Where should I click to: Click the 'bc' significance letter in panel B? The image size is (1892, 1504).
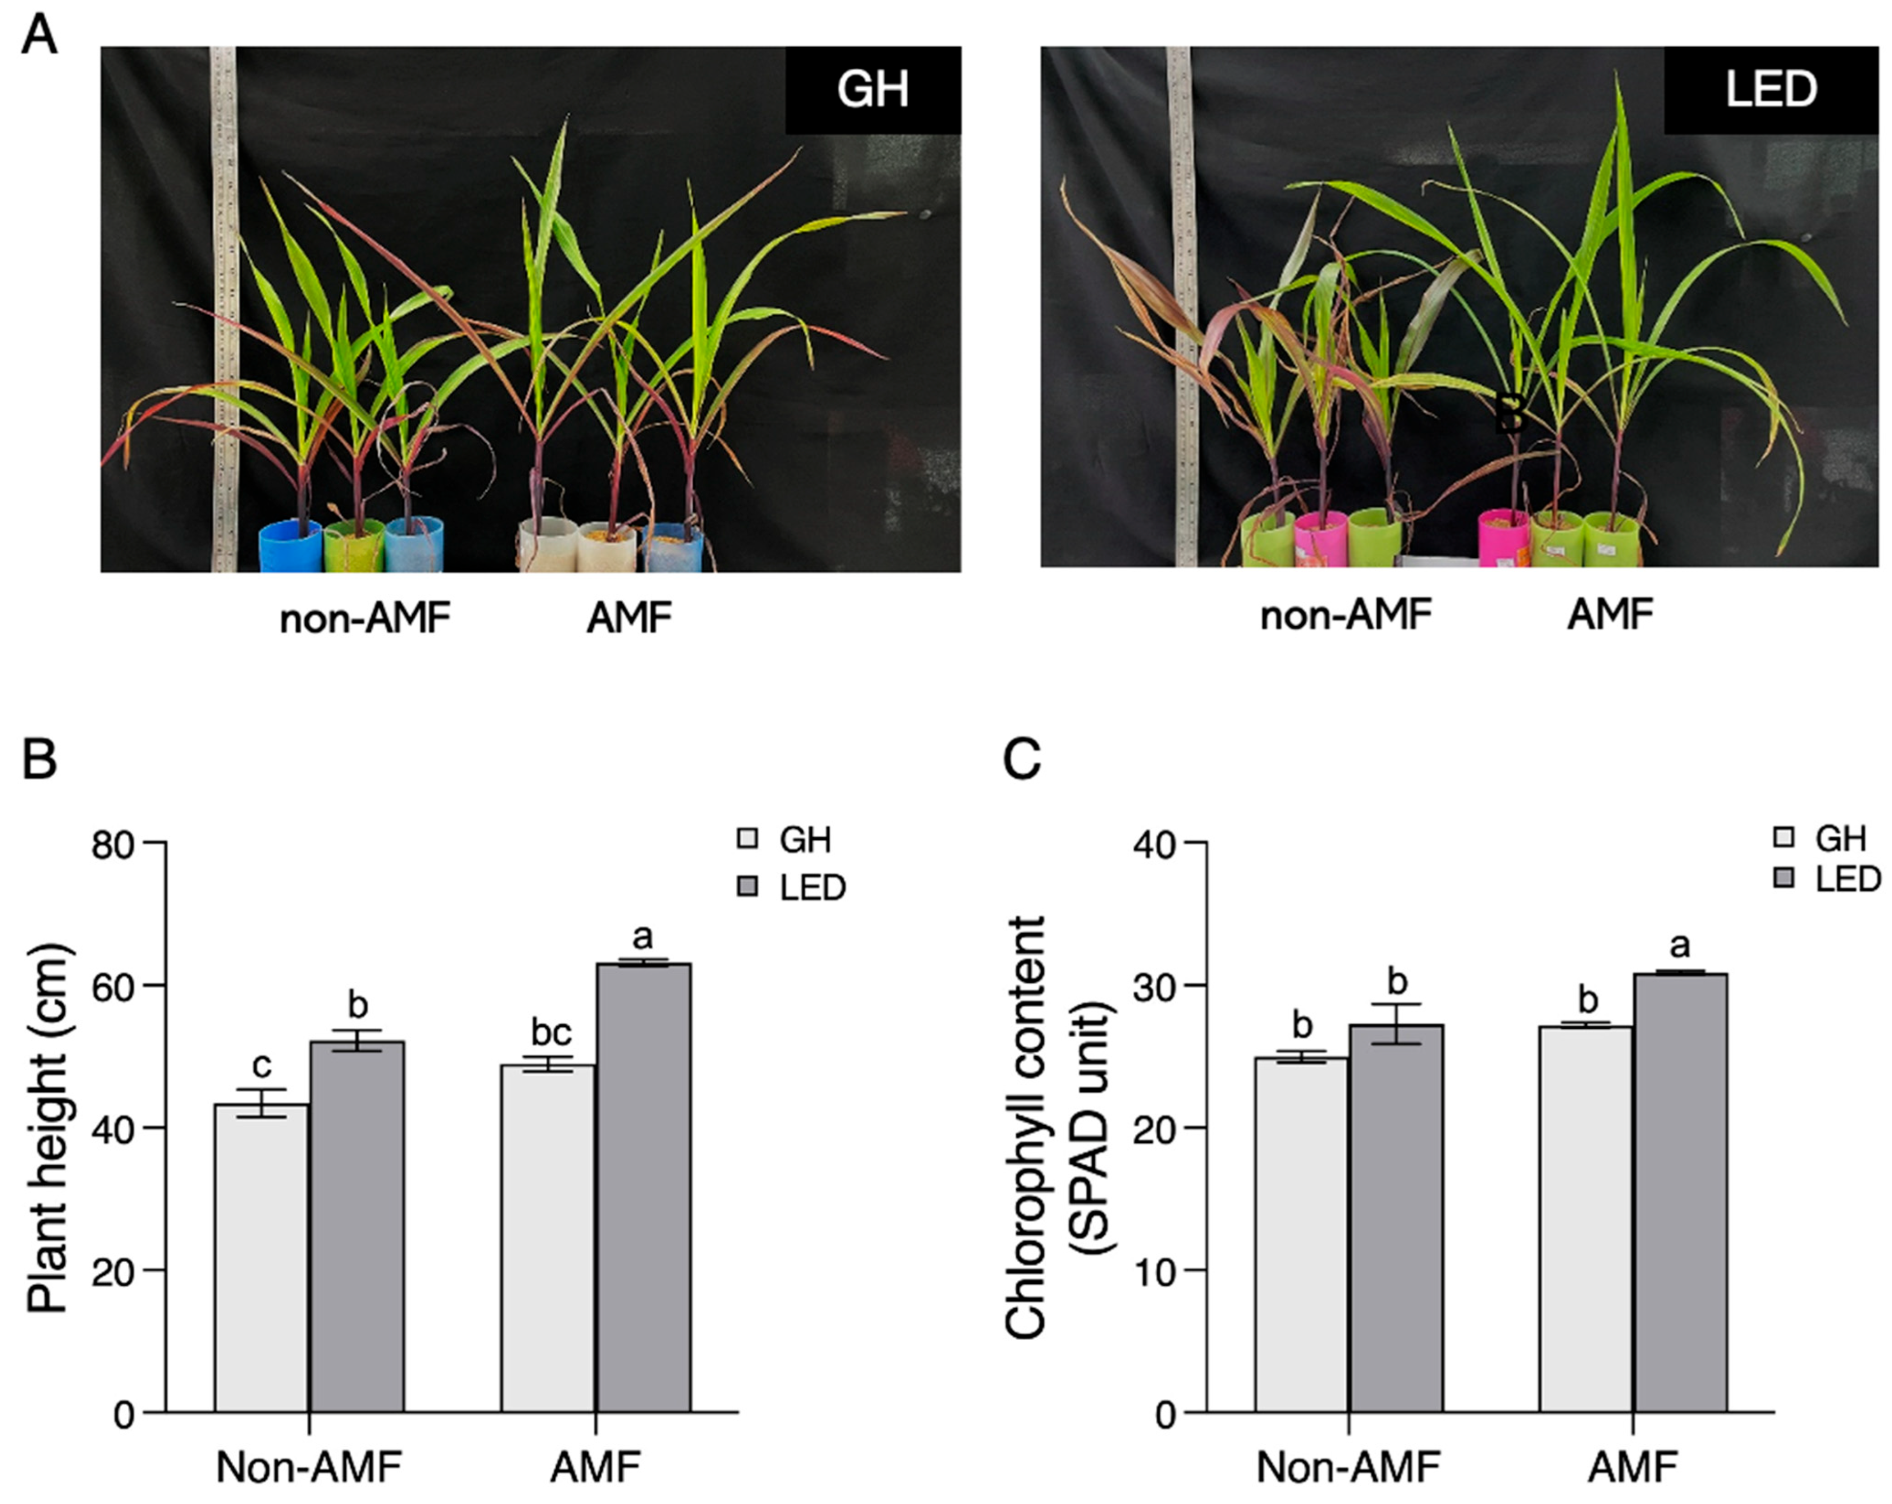click(551, 1032)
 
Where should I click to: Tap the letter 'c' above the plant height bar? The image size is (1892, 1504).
click(262, 1065)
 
